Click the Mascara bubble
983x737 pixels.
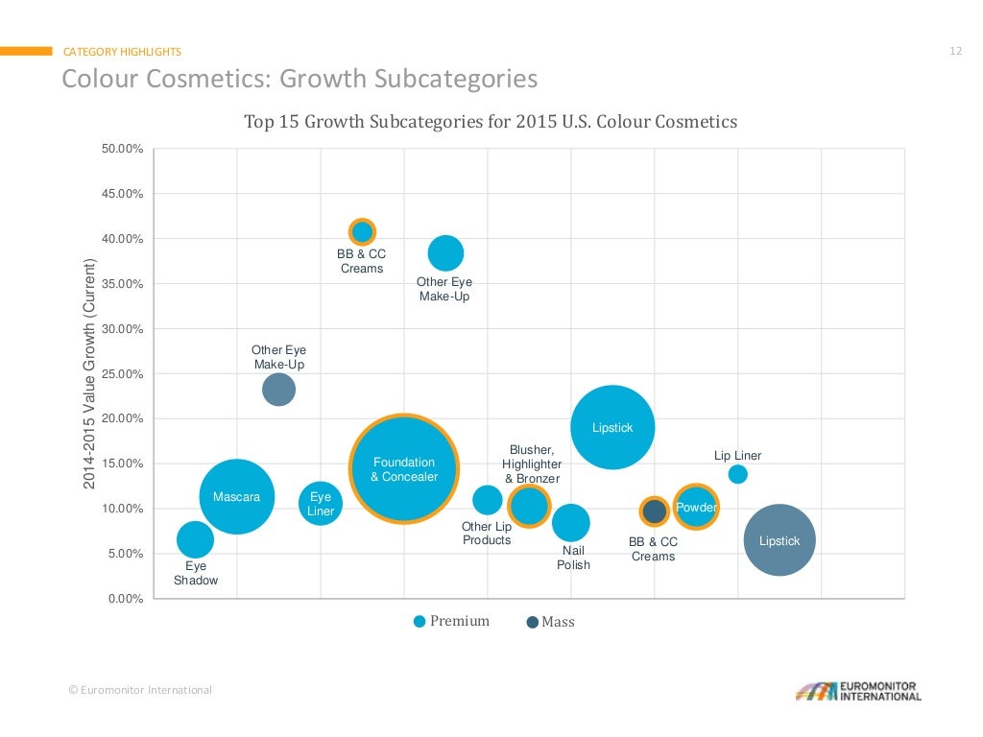236,496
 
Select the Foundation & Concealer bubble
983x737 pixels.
404,468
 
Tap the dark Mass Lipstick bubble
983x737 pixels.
779,540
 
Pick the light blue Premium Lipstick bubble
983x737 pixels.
612,427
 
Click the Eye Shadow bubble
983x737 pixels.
195,539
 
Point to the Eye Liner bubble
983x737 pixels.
321,502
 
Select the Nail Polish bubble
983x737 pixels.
571,523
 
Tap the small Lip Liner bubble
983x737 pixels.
737,474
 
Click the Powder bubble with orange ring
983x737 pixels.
696,507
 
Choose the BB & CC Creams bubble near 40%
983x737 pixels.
362,231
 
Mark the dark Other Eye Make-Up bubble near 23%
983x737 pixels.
278,390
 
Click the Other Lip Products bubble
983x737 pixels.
488,499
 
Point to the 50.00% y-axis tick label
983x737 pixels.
122,149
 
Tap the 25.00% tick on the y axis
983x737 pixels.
122,373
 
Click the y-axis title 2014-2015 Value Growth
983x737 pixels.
89,374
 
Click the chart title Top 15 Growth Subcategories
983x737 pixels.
491,122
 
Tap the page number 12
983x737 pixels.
955,51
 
